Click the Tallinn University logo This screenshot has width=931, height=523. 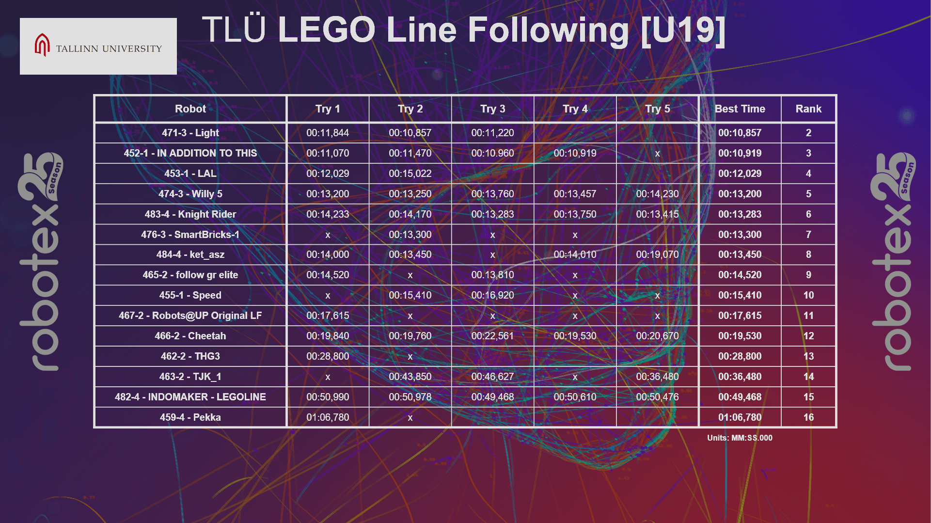tap(98, 47)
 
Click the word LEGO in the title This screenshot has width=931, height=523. tap(326, 30)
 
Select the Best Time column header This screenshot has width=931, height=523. tap(740, 109)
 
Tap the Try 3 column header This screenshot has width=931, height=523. tap(492, 109)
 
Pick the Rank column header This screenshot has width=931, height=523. tap(808, 109)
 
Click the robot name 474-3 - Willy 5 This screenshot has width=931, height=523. tap(190, 194)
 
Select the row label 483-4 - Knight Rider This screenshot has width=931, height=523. tap(190, 214)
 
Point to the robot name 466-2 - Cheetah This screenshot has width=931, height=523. tap(190, 336)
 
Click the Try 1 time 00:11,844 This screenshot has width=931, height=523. tap(328, 133)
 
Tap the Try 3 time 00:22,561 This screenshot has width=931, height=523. tap(492, 336)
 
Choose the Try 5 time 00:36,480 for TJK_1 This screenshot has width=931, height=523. tap(657, 377)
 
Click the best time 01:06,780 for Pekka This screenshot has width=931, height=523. tap(740, 417)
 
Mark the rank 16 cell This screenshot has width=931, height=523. tap(808, 417)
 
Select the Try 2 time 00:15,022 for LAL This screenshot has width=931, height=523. tap(410, 174)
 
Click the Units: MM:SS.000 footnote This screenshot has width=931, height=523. tap(740, 438)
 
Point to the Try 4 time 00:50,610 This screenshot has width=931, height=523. tap(575, 397)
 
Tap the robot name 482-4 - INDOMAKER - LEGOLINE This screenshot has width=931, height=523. tap(190, 397)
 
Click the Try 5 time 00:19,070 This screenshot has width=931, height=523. tap(657, 254)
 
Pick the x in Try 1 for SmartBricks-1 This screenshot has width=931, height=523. tap(328, 235)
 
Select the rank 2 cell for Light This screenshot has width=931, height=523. tap(808, 133)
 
